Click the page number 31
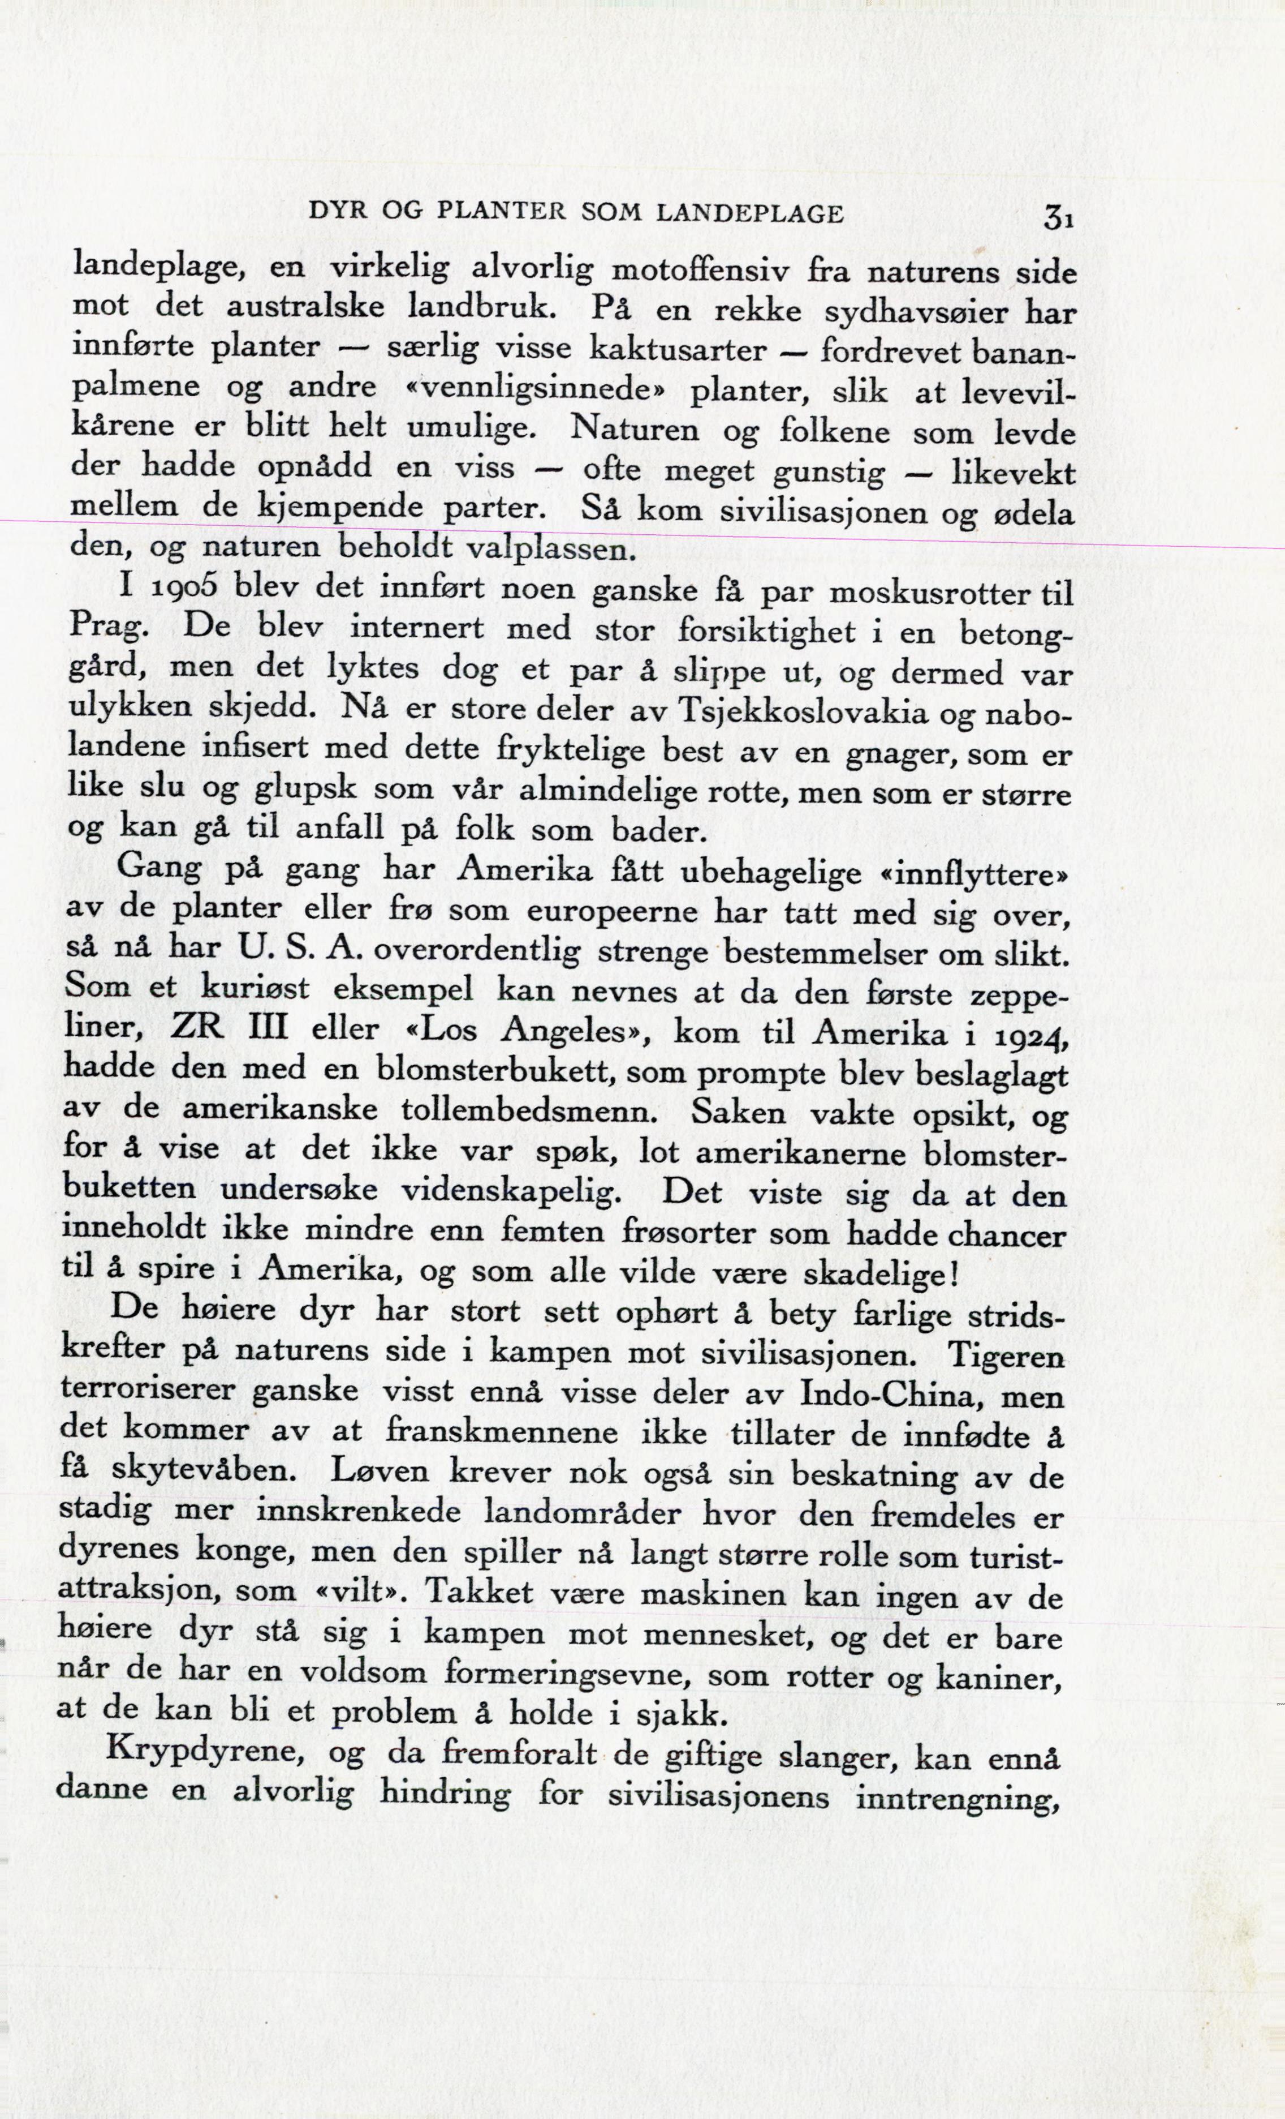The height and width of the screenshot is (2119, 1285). pyautogui.click(x=1058, y=217)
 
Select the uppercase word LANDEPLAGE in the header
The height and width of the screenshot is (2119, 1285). pyautogui.click(x=749, y=213)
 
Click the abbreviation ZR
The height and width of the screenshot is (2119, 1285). pyautogui.click(x=198, y=1028)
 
